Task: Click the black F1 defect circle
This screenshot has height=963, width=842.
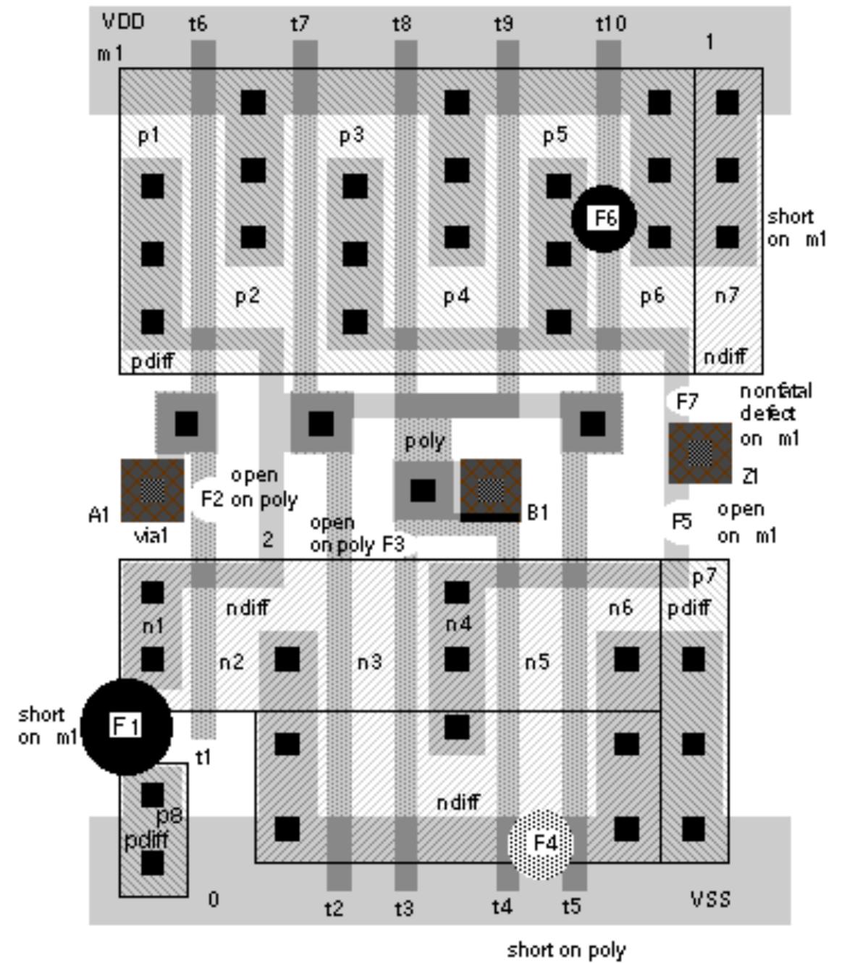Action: point(127,726)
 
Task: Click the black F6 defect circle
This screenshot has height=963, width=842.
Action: point(604,219)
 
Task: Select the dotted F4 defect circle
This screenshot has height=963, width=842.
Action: point(541,843)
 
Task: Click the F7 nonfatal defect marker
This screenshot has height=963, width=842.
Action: point(683,400)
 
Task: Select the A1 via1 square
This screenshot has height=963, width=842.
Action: point(152,490)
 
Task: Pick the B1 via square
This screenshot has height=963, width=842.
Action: point(491,489)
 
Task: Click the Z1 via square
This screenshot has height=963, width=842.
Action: point(699,453)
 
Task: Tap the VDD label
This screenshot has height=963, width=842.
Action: point(123,22)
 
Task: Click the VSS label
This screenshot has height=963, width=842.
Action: point(710,899)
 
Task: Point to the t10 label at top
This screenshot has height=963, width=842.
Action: point(610,25)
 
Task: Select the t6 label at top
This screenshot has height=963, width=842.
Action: point(198,25)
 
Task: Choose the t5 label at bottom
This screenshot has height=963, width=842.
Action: point(571,907)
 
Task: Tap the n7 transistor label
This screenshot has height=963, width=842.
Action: point(726,296)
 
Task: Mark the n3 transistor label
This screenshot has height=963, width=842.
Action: point(369,662)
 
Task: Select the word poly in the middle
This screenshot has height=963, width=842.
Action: point(424,441)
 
